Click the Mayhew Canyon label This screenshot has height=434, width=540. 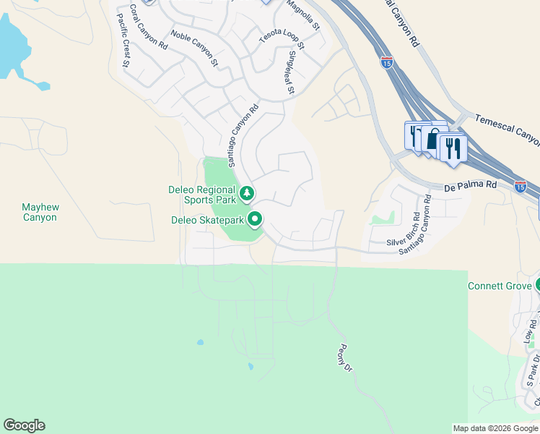(x=40, y=212)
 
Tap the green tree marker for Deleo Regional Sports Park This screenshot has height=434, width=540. (x=248, y=193)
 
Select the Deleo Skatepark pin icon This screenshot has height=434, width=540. (x=255, y=218)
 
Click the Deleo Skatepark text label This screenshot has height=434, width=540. (x=208, y=220)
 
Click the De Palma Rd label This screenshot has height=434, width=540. (x=471, y=185)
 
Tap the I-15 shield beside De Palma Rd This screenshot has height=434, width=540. (x=520, y=187)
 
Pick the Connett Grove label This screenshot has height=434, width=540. (x=499, y=286)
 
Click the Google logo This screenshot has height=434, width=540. (x=24, y=425)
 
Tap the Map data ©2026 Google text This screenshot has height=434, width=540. (x=495, y=428)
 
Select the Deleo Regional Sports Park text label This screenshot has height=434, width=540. (x=202, y=195)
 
